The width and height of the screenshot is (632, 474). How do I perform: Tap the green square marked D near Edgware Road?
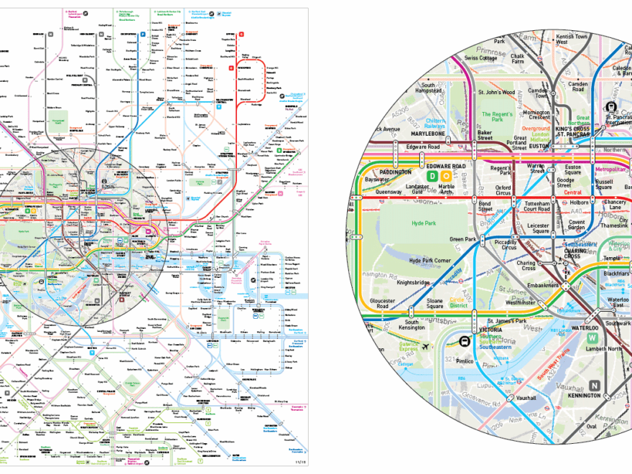pos(432,175)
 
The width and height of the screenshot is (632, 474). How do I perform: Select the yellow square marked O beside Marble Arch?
pos(446,175)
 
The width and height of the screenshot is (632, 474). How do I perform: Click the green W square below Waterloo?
pos(592,338)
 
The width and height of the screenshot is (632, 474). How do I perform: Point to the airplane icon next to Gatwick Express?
pos(427,347)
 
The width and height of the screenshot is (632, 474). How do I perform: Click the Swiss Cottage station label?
pos(481,57)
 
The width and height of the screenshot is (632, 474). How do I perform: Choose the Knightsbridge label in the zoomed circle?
pos(412,282)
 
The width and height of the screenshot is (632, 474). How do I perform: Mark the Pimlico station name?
pos(465,361)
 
